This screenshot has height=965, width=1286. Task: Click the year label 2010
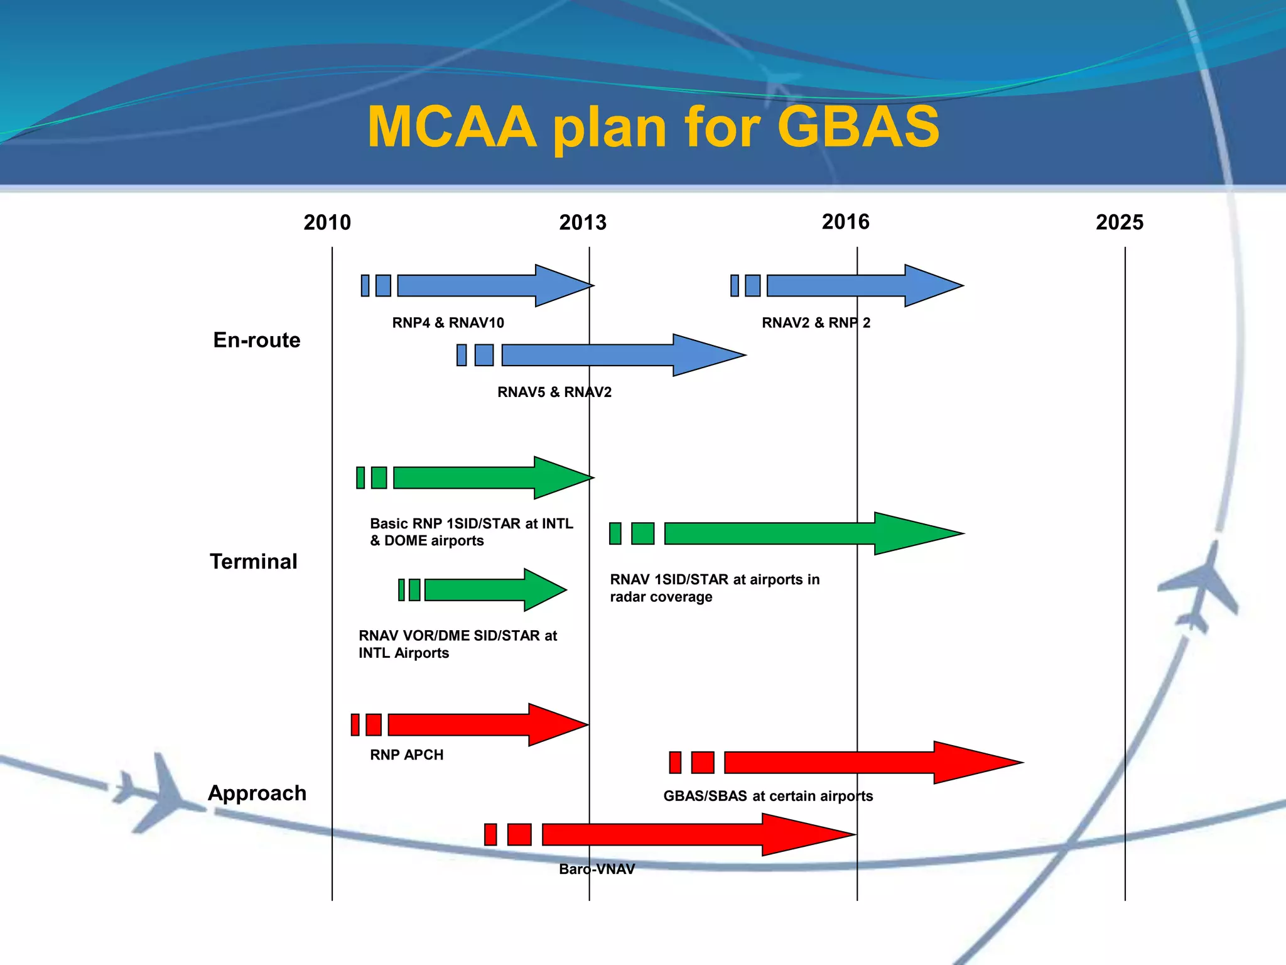327,222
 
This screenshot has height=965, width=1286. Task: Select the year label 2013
583,222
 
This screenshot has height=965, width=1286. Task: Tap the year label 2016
845,222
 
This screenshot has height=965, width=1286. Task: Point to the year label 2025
1119,222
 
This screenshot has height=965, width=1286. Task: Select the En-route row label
257,340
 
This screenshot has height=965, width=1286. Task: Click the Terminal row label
253,561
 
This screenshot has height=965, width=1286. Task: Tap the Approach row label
257,793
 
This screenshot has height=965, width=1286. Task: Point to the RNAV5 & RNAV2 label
554,392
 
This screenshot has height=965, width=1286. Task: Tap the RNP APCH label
406,755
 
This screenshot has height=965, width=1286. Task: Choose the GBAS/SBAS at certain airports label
767,796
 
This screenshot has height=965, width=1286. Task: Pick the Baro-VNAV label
597,869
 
